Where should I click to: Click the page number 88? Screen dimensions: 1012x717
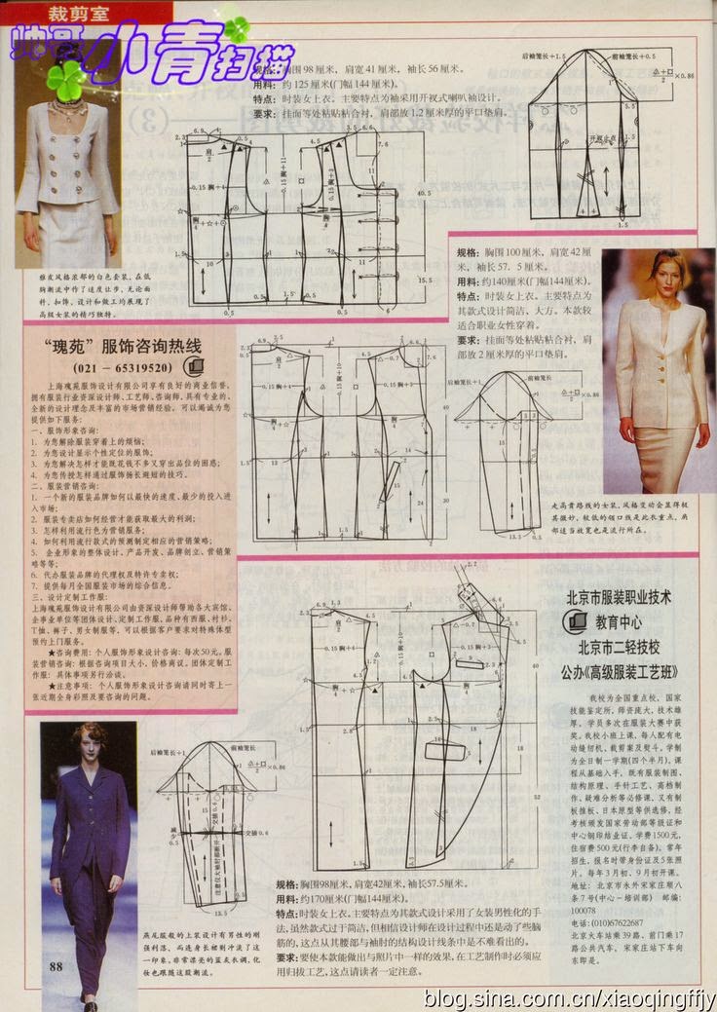point(55,965)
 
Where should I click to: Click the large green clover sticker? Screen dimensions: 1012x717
point(66,81)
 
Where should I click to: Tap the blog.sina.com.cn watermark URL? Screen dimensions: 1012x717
point(570,998)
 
